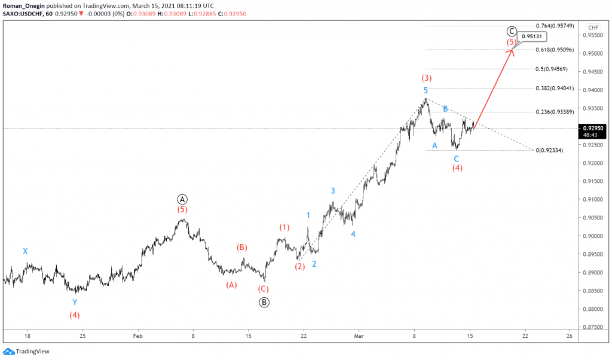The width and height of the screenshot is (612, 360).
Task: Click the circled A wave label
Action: click(x=182, y=199)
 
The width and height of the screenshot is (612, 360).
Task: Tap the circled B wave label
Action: click(x=264, y=302)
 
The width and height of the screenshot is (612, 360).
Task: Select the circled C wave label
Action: click(x=512, y=31)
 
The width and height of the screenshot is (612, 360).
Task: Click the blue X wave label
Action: click(x=25, y=252)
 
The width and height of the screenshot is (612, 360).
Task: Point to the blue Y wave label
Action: click(x=75, y=303)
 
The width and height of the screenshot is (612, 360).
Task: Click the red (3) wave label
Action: click(x=426, y=78)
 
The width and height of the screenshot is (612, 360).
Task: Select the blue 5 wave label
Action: click(x=426, y=90)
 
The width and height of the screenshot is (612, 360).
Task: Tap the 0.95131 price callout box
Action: click(x=531, y=37)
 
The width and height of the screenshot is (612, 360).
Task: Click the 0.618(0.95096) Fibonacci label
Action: click(x=555, y=50)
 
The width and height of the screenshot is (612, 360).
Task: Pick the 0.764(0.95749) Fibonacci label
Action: click(x=555, y=26)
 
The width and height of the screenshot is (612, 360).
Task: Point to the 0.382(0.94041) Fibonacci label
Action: click(x=555, y=89)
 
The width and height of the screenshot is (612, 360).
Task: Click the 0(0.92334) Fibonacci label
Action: click(x=555, y=150)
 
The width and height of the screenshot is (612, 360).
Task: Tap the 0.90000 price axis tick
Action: click(x=593, y=236)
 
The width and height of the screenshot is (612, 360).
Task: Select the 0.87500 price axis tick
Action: click(x=593, y=328)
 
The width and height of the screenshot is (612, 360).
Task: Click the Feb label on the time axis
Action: click(x=138, y=337)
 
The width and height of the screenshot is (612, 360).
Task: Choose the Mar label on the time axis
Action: click(x=359, y=337)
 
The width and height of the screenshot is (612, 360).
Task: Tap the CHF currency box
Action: click(x=593, y=28)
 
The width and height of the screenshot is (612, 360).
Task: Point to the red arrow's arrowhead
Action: click(x=512, y=50)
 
